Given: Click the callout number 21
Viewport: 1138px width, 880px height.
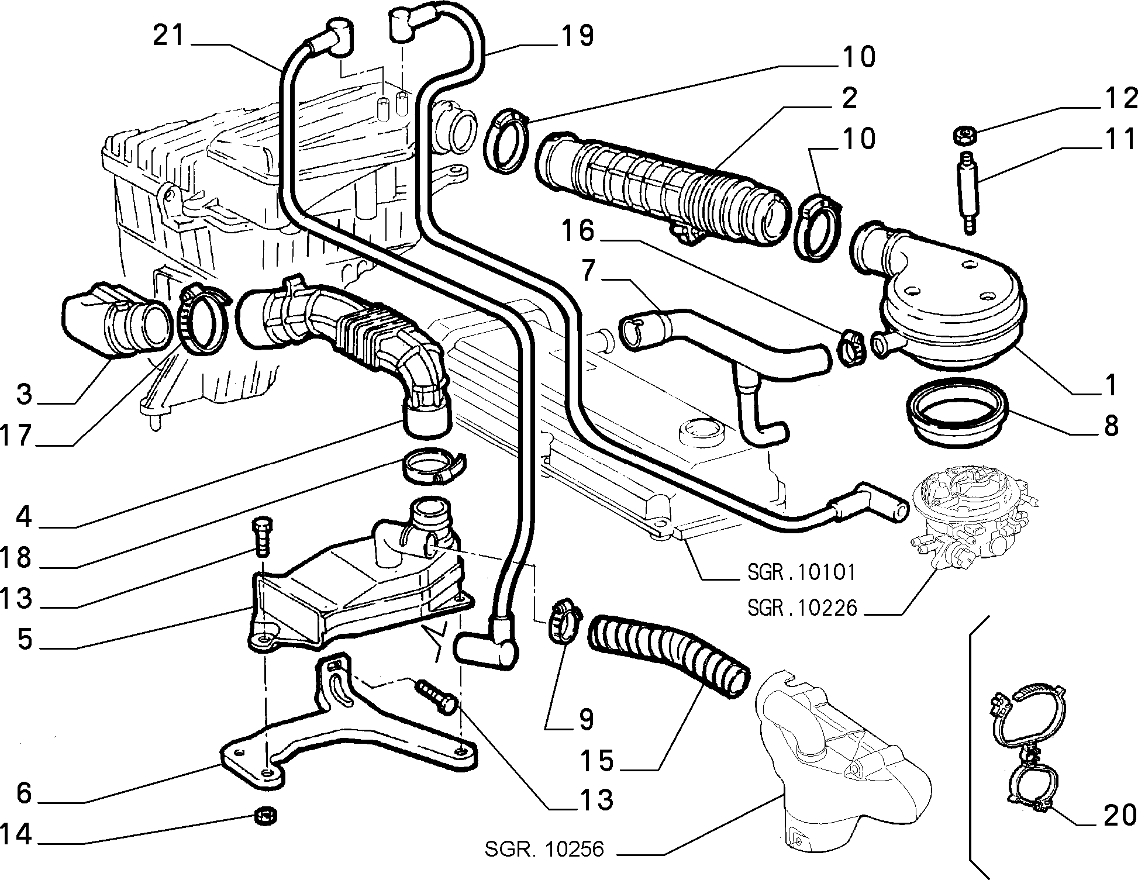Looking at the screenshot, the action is click(x=168, y=36).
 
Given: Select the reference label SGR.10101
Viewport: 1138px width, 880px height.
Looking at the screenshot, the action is click(x=802, y=572).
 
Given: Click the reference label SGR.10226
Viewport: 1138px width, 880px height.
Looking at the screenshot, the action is click(x=802, y=608).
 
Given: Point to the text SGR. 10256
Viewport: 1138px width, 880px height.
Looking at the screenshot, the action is click(x=544, y=848).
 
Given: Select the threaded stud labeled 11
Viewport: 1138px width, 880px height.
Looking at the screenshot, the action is click(x=965, y=192).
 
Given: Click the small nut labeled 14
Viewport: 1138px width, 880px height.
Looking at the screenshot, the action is click(x=266, y=815).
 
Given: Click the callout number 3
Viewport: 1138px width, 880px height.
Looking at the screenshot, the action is click(x=24, y=394).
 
